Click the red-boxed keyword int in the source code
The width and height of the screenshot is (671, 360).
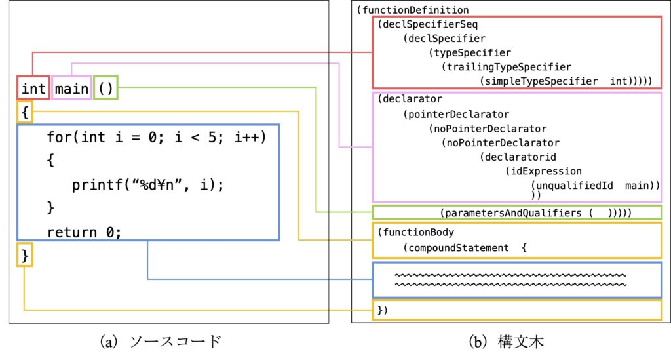click(33, 88)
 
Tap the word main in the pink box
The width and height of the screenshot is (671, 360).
click(71, 88)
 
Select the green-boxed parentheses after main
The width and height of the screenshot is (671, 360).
click(105, 88)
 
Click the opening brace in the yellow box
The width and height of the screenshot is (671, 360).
click(25, 113)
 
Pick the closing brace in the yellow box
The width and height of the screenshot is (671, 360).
click(25, 255)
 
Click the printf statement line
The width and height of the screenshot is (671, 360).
click(148, 185)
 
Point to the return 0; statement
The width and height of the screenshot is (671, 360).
click(85, 231)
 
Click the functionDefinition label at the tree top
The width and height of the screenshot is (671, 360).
click(413, 10)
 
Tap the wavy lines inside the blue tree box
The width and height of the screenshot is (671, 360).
click(511, 280)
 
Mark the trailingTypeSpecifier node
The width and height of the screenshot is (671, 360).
click(507, 67)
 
